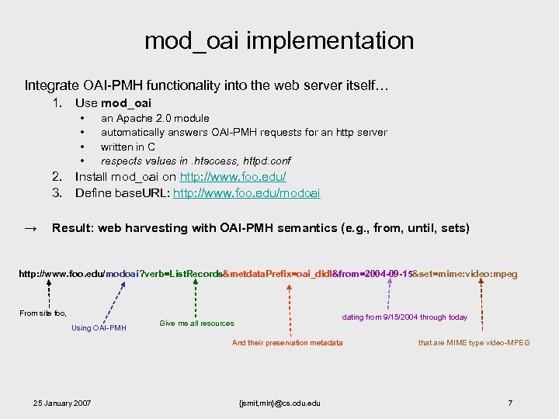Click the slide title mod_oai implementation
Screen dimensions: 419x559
[279, 40]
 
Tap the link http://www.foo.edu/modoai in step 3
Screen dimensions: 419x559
[246, 192]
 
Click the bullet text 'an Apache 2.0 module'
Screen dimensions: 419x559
[155, 119]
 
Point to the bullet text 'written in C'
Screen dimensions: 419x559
[127, 147]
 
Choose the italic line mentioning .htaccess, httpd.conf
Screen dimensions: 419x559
[196, 161]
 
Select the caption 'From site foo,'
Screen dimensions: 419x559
[43, 313]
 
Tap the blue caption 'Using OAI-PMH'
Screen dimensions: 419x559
[99, 328]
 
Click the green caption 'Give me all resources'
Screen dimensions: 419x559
[196, 323]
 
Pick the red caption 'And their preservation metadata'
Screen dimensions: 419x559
[287, 342]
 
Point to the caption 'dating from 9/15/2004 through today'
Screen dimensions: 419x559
[404, 317]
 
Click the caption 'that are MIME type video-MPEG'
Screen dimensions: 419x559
[474, 342]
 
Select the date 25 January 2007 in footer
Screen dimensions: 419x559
[61, 403]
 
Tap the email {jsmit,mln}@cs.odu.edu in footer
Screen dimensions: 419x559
[280, 403]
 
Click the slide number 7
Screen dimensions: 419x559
[510, 403]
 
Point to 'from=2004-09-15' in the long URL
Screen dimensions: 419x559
[373, 274]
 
